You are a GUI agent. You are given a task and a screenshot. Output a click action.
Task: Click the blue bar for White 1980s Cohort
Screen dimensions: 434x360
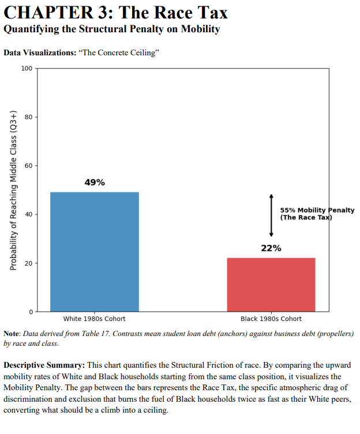95,251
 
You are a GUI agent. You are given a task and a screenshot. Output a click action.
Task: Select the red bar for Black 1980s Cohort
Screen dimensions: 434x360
271,284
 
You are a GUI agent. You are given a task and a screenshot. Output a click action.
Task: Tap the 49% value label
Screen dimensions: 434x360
95,183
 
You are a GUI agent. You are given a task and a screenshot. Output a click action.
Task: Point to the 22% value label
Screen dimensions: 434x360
271,248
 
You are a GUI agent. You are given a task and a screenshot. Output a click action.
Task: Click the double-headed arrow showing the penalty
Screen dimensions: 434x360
271,216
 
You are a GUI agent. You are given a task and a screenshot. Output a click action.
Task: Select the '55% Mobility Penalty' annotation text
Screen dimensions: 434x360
317,210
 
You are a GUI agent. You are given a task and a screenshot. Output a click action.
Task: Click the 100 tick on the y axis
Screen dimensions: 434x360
27,69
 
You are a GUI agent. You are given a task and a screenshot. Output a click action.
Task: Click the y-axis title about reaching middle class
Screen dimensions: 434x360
12,190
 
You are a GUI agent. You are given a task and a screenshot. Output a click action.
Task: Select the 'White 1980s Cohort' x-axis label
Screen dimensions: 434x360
95,319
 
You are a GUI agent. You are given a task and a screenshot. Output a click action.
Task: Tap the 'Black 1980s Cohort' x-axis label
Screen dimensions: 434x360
271,319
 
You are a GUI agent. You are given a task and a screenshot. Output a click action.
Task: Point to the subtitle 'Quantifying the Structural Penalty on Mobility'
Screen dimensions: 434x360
112,29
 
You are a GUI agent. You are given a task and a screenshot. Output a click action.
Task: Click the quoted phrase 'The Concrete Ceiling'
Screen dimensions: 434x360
121,53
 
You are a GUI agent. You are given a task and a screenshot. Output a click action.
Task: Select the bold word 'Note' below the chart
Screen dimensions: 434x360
12,334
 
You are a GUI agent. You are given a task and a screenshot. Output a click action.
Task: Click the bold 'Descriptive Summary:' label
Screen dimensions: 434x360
44,365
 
